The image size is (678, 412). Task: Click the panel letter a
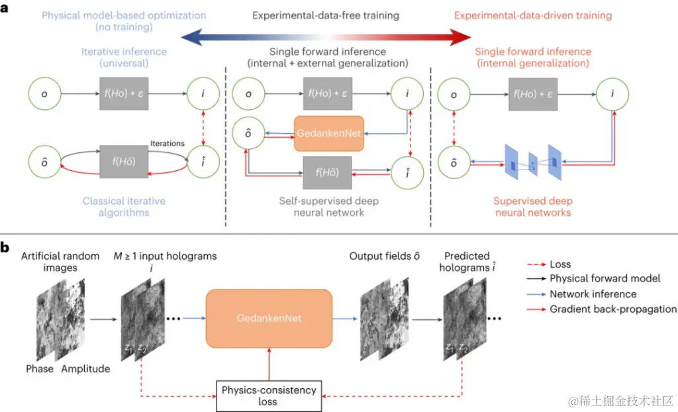(5, 12)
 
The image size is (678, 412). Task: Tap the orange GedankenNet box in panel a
(328, 133)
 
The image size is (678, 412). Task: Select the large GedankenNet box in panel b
(268, 318)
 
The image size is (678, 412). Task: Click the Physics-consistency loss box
(268, 395)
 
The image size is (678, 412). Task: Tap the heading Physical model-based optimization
(124, 15)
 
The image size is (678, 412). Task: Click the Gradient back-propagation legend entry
(612, 309)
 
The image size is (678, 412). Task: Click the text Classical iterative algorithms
(124, 206)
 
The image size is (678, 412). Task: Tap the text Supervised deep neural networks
(532, 206)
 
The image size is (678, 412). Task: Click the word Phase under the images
(40, 368)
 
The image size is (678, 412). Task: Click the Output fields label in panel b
(386, 256)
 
